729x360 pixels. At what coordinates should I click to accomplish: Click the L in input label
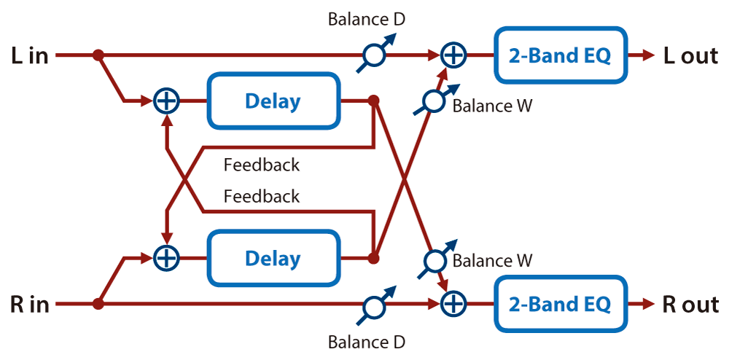point(30,55)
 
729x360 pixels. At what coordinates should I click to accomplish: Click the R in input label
point(30,305)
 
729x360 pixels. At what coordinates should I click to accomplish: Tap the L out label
point(690,55)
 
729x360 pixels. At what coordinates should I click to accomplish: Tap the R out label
point(690,305)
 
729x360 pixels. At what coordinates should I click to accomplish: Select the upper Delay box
point(273,101)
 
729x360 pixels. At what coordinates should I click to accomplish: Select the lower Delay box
point(273,258)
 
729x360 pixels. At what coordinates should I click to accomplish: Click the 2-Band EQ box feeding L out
point(560,55)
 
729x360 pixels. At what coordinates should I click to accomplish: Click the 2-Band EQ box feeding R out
point(560,305)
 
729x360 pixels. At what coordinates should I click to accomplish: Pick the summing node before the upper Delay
point(166,101)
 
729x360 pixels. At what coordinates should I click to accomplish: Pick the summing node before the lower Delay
point(166,258)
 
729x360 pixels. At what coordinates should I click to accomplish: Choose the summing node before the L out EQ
point(453,55)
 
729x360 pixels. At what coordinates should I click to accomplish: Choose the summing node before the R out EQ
point(453,305)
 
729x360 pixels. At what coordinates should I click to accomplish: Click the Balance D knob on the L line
point(375,55)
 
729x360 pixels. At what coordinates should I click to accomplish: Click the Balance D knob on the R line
point(375,305)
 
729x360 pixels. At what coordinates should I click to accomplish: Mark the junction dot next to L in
point(98,55)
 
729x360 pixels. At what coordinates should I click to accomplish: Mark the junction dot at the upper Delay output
point(373,101)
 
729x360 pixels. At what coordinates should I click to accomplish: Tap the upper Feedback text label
point(262,165)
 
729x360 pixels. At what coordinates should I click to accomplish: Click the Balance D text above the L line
point(367,20)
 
